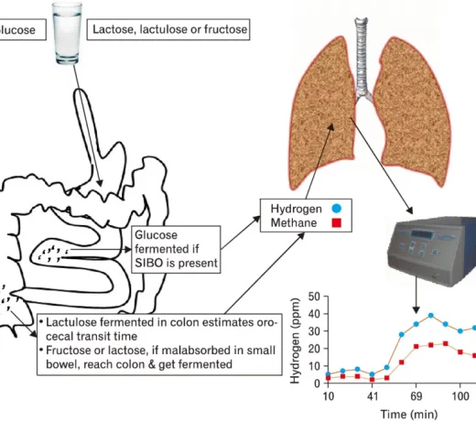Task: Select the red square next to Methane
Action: (x=337, y=222)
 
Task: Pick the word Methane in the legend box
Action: (x=293, y=222)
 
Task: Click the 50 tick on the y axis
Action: (x=314, y=297)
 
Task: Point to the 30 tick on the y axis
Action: (x=314, y=330)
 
